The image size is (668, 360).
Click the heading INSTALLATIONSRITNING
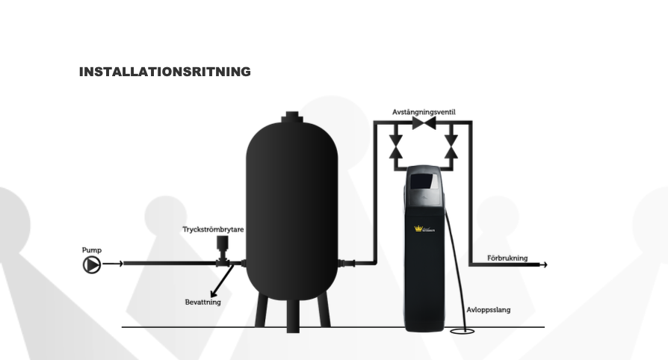[164, 72]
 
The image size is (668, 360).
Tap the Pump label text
[91, 250]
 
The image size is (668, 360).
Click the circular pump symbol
[91, 264]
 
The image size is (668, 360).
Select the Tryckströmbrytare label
[213, 229]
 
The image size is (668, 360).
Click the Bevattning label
[202, 302]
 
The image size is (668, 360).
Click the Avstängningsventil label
[424, 112]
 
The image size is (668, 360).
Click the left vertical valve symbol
[397, 144]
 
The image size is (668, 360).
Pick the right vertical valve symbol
[451, 144]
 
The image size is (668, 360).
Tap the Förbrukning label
[507, 258]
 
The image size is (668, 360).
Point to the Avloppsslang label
[489, 309]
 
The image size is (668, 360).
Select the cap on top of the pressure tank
[292, 117]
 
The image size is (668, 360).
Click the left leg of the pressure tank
[260, 309]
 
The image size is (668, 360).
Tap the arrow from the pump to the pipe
[113, 264]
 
